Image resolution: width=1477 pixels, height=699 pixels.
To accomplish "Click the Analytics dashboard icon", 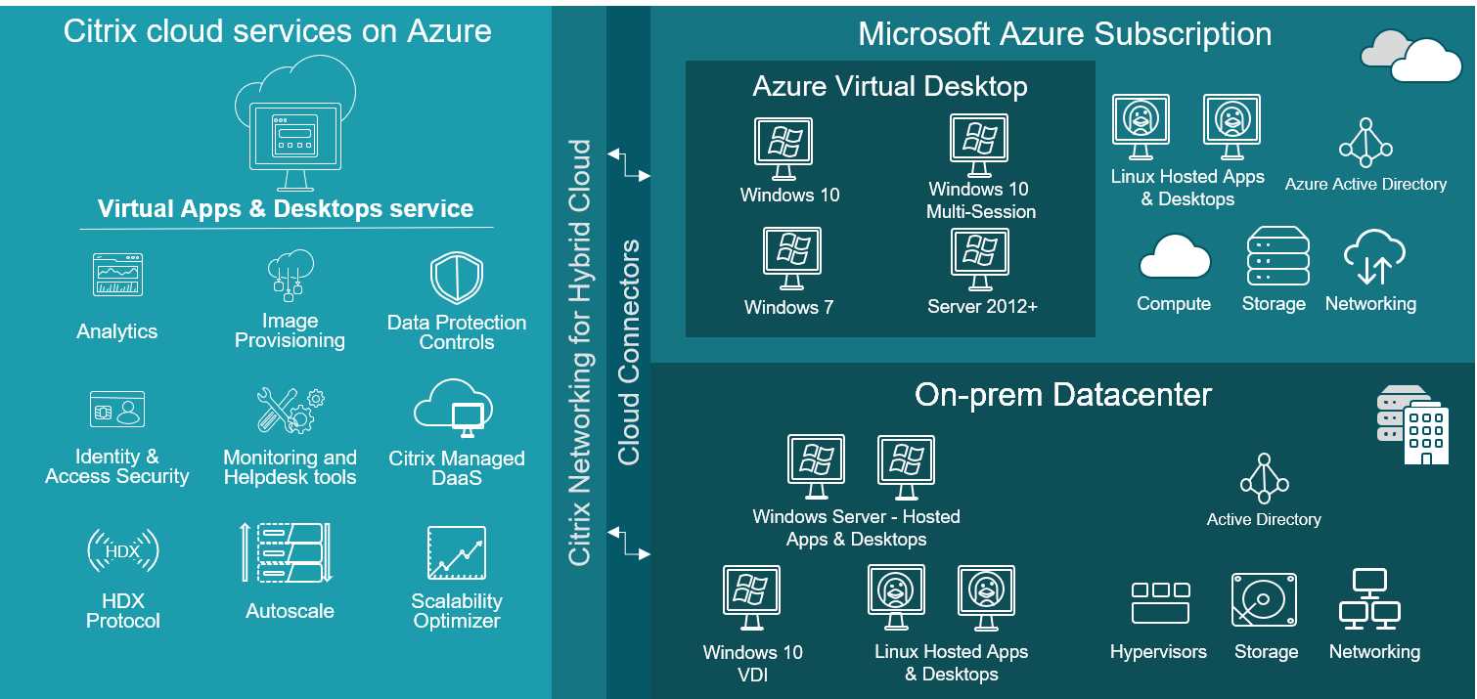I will point(117,275).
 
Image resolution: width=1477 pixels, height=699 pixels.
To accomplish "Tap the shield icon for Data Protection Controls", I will point(457,278).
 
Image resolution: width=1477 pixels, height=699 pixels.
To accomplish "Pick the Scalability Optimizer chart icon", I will point(456,553).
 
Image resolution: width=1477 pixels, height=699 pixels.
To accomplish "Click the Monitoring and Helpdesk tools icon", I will point(290,411).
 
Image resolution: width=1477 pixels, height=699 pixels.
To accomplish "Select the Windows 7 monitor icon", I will point(790,258).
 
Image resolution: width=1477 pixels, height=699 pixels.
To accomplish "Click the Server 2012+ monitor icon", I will point(980,258).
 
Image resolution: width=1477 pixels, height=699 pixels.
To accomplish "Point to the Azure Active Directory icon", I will point(1365,144).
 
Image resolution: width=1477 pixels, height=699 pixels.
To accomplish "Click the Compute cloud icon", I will point(1174,258).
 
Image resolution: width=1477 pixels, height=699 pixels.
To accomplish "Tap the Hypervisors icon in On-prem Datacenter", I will point(1160,602).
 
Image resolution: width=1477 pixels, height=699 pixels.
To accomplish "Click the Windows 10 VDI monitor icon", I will point(751,597).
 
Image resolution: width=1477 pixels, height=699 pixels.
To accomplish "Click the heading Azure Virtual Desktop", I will point(889,87).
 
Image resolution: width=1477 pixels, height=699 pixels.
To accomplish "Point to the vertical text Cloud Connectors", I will point(628,352).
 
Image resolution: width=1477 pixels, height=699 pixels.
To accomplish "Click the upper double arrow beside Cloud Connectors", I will point(628,164).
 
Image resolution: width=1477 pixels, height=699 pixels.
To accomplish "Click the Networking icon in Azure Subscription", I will point(1372,256).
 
